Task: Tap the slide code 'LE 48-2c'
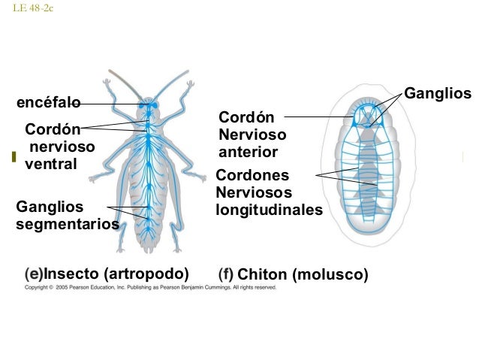click(x=34, y=8)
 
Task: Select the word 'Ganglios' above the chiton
click(x=437, y=93)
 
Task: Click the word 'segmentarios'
click(x=68, y=224)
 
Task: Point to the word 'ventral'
click(x=50, y=163)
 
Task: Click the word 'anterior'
click(x=248, y=153)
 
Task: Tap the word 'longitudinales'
click(x=269, y=210)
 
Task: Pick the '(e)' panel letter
click(x=34, y=273)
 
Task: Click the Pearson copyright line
click(x=150, y=287)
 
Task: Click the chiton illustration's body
click(x=368, y=173)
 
